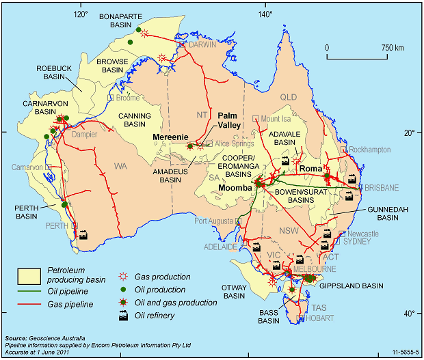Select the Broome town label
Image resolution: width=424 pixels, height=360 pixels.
(x=127, y=98)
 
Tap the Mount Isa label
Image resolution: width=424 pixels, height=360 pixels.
(x=276, y=118)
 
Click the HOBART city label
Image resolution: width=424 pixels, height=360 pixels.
(x=322, y=318)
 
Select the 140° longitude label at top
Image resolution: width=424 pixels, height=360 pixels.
(x=264, y=14)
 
